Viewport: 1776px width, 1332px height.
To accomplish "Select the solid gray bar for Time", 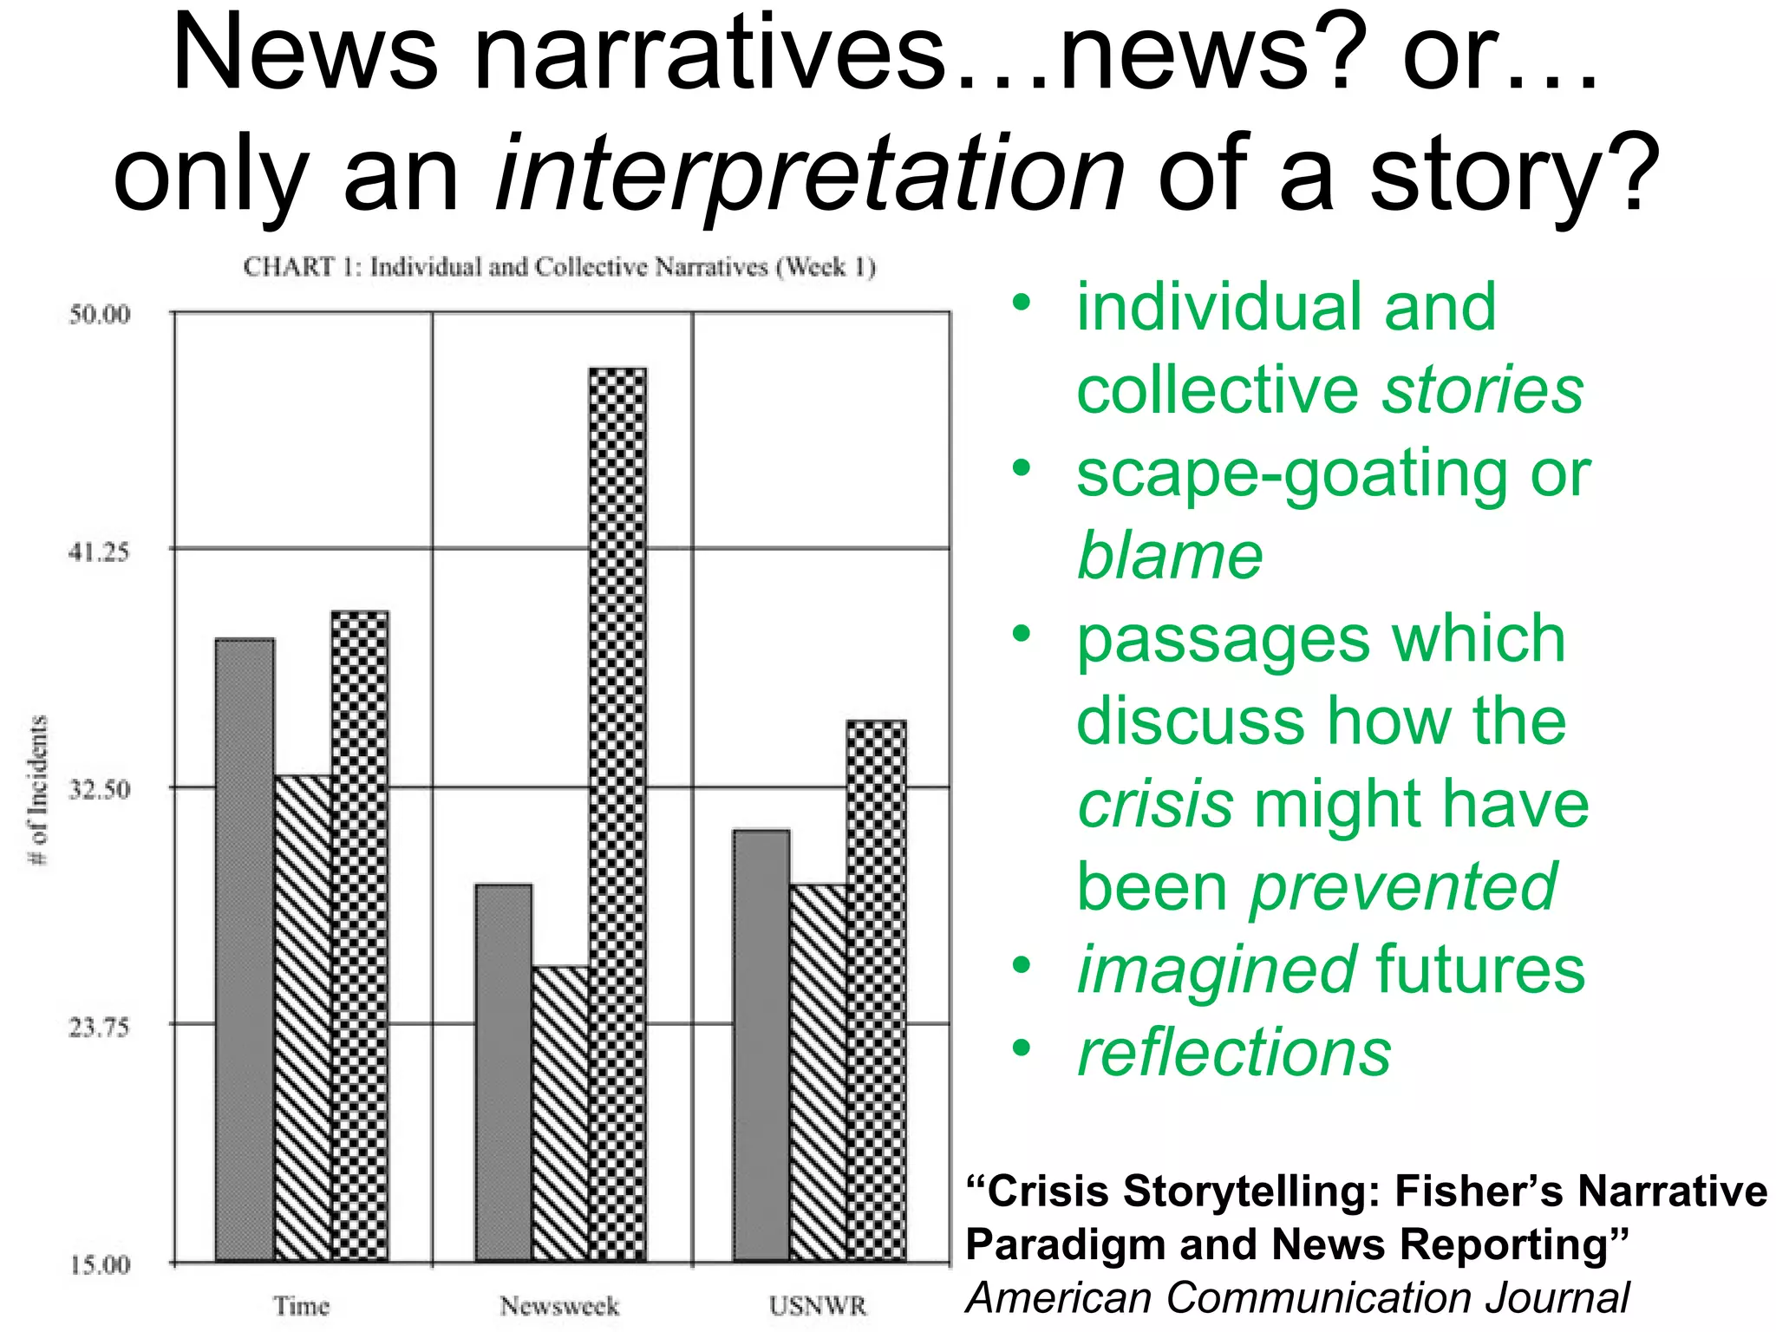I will [x=245, y=949].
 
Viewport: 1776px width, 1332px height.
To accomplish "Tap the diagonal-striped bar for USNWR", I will [x=819, y=1072].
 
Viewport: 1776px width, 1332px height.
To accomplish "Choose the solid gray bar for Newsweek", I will [x=504, y=1072].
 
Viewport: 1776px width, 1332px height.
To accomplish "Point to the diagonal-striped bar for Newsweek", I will [x=560, y=1113].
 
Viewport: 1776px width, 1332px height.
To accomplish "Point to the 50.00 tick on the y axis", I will [x=100, y=314].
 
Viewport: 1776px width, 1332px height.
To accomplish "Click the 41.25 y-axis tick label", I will [x=100, y=552].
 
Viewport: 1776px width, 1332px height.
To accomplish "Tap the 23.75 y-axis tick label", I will [x=100, y=1028].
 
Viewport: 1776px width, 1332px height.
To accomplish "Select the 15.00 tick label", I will [x=100, y=1264].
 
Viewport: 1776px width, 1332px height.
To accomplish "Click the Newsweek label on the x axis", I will [x=559, y=1306].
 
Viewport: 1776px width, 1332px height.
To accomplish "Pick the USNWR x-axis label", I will [x=818, y=1306].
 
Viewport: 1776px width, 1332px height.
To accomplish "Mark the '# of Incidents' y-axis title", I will [x=39, y=789].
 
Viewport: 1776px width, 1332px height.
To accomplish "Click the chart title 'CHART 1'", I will [x=559, y=266].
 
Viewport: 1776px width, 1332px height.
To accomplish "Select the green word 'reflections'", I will [x=1234, y=1053].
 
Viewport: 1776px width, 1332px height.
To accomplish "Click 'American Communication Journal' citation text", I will [x=1297, y=1298].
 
